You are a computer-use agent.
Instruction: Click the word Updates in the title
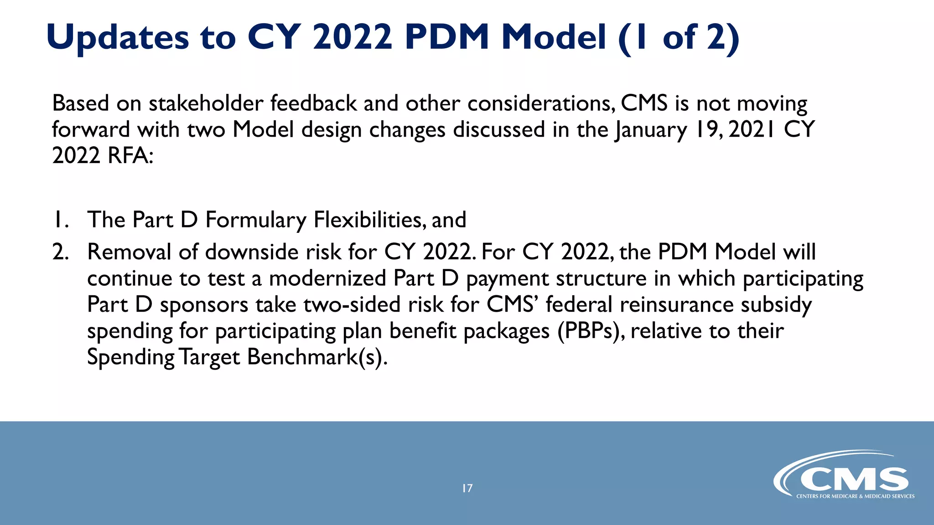click(118, 37)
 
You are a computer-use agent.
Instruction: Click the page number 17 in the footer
click(467, 489)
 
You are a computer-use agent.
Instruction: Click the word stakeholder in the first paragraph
click(206, 103)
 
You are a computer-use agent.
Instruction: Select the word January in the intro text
click(650, 130)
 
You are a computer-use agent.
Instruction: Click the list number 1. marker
click(61, 220)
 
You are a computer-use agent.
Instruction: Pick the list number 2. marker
click(61, 252)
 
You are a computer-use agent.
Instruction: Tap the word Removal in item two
click(129, 252)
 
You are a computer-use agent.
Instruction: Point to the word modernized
click(327, 278)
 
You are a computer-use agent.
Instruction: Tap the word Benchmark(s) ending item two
click(317, 357)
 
